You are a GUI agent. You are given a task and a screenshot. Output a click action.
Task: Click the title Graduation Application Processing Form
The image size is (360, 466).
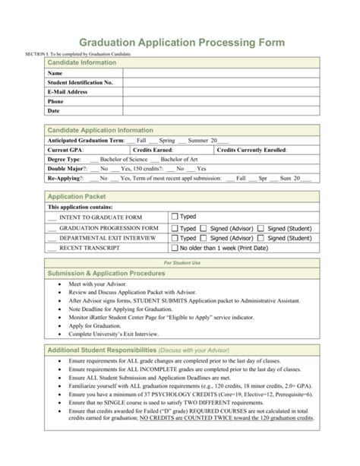point(180,43)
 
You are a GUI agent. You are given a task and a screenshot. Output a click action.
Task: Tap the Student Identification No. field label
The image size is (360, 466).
point(81,81)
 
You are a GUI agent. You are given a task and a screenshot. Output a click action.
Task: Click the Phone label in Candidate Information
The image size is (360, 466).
point(55,101)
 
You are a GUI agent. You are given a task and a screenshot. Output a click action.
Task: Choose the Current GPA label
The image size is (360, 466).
point(67,151)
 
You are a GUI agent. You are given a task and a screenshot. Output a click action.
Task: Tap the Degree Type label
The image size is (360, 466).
point(64,160)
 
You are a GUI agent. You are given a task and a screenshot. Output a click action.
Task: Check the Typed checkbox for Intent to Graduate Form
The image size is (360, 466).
point(175,217)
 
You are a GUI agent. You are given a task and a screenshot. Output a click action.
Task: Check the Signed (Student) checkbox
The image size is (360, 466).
point(261,227)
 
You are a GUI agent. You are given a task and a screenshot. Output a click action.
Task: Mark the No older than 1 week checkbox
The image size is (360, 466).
point(175,248)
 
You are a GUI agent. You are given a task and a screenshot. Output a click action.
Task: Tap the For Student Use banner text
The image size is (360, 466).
point(180,262)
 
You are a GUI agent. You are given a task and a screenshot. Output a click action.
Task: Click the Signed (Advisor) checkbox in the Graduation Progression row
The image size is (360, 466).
point(205,227)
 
